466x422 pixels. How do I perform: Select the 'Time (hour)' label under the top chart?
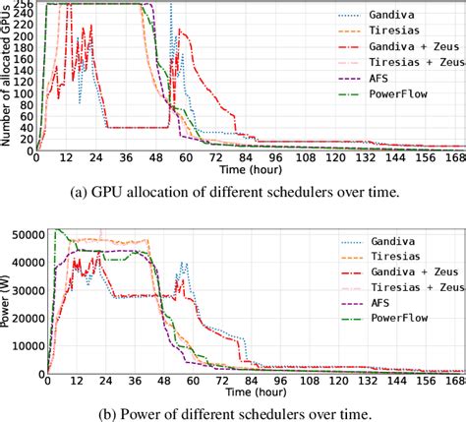tap(249, 170)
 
